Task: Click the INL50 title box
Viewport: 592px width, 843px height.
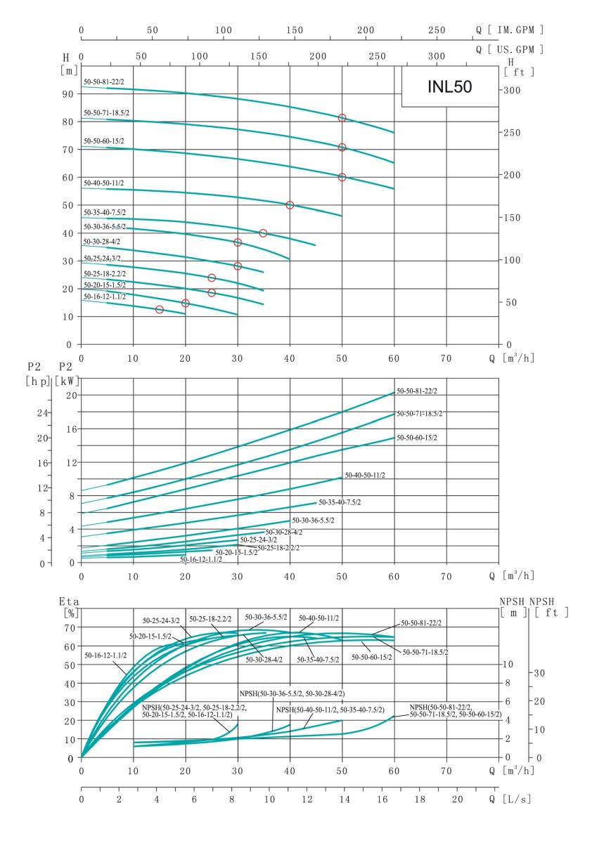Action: (x=450, y=87)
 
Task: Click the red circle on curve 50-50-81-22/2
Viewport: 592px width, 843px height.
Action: (x=342, y=118)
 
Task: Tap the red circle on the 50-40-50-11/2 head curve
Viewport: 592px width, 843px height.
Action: (x=290, y=205)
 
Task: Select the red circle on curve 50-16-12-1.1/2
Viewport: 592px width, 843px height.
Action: (x=160, y=310)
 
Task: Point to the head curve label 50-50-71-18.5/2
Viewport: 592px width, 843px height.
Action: (x=106, y=112)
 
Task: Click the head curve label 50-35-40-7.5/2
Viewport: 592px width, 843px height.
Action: (x=105, y=211)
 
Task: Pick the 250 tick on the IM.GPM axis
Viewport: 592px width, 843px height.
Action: (x=437, y=30)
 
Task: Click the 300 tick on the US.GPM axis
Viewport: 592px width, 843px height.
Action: (x=437, y=55)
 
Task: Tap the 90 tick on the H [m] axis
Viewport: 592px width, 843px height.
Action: (x=68, y=94)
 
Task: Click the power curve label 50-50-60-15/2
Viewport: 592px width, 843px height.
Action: (x=417, y=438)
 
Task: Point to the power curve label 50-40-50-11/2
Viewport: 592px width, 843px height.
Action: (x=365, y=476)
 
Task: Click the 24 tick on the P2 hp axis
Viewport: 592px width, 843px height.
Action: (x=41, y=412)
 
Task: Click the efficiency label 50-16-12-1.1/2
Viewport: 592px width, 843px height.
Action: (x=106, y=655)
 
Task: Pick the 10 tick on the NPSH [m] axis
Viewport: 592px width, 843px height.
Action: (x=510, y=664)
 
